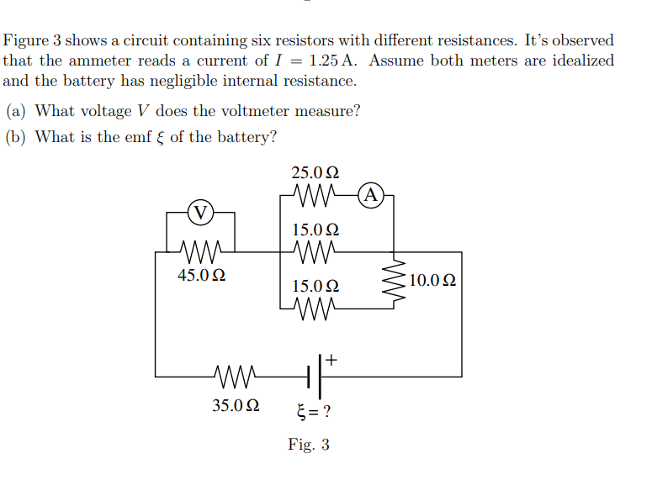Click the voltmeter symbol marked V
pyautogui.click(x=200, y=212)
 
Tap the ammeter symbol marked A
pyautogui.click(x=371, y=195)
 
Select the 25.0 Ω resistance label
pyautogui.click(x=315, y=173)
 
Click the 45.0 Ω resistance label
pyautogui.click(x=201, y=275)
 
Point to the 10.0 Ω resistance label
pyautogui.click(x=433, y=281)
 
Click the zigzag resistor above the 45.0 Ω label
pyautogui.click(x=200, y=251)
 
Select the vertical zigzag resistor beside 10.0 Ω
pyautogui.click(x=392, y=280)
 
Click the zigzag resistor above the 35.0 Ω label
pyautogui.click(x=236, y=376)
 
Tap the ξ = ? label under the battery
pyautogui.click(x=313, y=412)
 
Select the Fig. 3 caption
pyautogui.click(x=309, y=444)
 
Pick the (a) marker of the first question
pyautogui.click(x=16, y=111)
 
